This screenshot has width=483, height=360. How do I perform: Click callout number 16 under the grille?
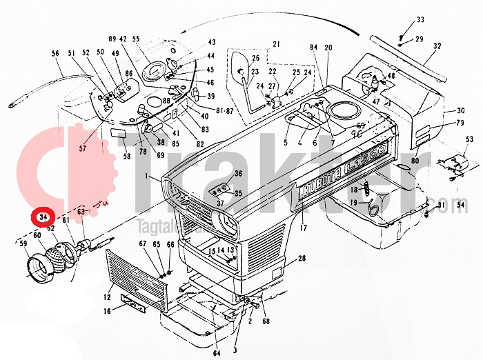pyautogui.click(x=107, y=312)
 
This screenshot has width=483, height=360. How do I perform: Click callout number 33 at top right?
pyautogui.click(x=420, y=19)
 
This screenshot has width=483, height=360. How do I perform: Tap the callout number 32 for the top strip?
pyautogui.click(x=437, y=46)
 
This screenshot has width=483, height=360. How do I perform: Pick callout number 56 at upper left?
pyautogui.click(x=55, y=53)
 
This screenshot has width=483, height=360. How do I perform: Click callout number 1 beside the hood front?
pyautogui.click(x=146, y=177)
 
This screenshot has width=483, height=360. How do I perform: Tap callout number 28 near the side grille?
pyautogui.click(x=302, y=259)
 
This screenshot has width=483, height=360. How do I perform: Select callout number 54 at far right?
pyautogui.click(x=460, y=205)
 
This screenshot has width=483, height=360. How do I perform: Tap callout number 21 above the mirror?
pyautogui.click(x=277, y=45)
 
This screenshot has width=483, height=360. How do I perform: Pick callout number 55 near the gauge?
pyautogui.click(x=135, y=39)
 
